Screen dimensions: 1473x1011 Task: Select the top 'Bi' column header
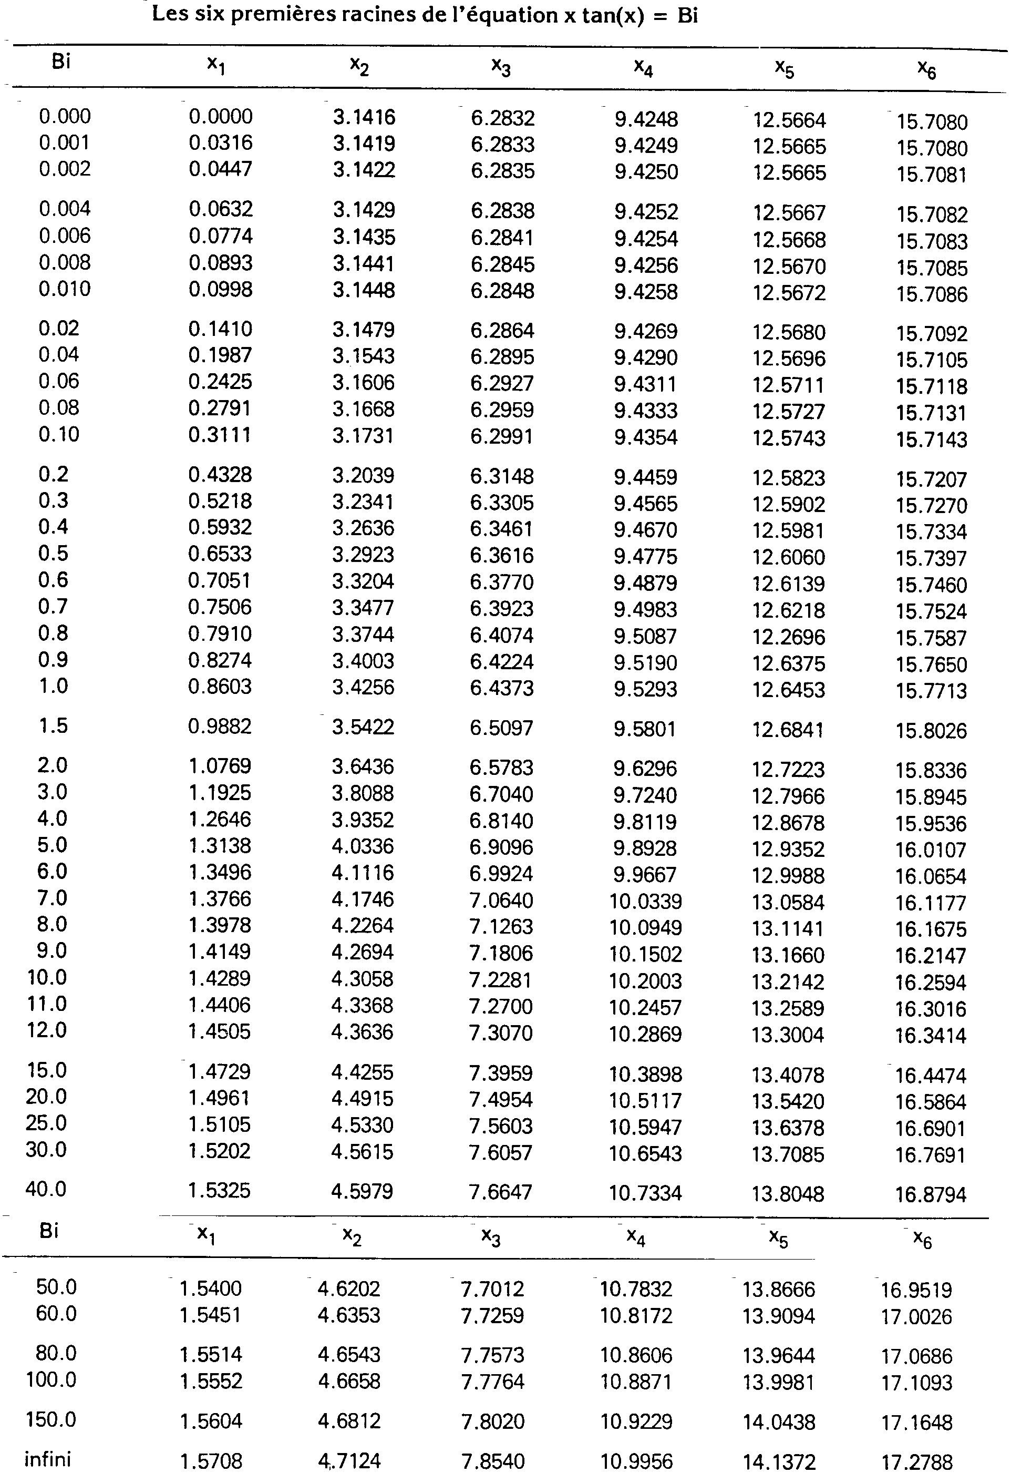click(61, 62)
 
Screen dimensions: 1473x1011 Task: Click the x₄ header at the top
click(644, 67)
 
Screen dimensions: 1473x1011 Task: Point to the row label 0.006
click(65, 236)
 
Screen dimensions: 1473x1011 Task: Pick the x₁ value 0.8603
click(220, 687)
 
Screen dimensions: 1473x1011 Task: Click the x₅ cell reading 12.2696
click(789, 637)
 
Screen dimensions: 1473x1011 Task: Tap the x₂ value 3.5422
click(363, 727)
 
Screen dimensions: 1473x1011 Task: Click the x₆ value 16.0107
click(931, 850)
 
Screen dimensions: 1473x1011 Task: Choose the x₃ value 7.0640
click(502, 900)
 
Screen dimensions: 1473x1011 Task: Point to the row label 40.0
click(46, 1189)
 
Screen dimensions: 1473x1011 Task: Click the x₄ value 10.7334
click(645, 1193)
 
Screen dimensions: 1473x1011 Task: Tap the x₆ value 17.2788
click(916, 1461)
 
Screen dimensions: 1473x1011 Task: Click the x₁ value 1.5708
click(211, 1460)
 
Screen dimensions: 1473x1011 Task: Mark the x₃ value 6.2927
click(502, 383)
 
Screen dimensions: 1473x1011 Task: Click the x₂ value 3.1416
click(364, 117)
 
